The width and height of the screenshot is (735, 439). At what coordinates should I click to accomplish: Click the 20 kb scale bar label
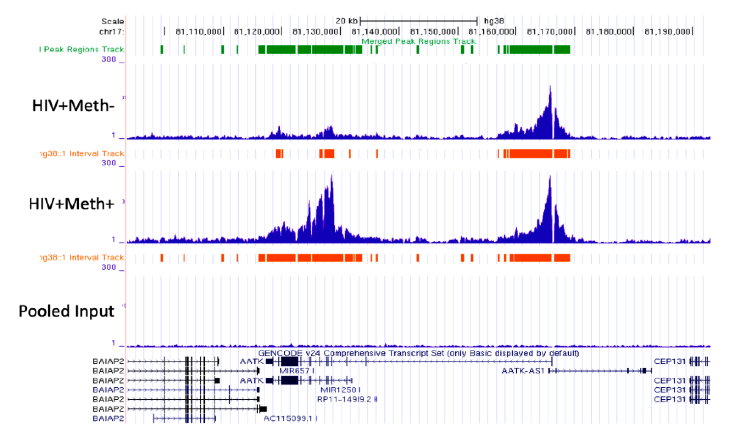(346, 21)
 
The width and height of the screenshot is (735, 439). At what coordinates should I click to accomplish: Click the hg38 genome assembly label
(494, 21)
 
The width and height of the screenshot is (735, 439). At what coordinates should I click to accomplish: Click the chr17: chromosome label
(111, 32)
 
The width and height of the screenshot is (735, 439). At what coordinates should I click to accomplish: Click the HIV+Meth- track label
(73, 106)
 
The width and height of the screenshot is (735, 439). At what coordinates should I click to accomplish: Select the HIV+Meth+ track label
(71, 204)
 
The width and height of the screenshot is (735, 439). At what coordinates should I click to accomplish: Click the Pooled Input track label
(66, 311)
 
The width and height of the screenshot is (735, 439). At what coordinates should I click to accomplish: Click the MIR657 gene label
(294, 371)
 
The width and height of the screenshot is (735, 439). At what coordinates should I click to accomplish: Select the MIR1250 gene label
(338, 390)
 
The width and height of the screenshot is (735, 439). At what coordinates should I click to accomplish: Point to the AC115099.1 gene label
(288, 418)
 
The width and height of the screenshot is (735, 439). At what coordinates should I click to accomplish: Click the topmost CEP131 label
(670, 362)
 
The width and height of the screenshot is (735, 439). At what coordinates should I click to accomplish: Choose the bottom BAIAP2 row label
(108, 418)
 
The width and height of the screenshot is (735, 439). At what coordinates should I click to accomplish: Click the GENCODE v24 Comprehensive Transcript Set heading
(418, 353)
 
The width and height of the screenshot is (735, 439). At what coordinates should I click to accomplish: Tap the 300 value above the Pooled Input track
(109, 267)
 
